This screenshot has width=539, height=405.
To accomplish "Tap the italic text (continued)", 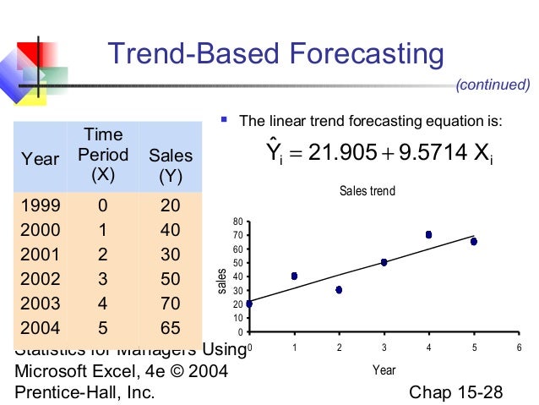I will pyautogui.click(x=493, y=85).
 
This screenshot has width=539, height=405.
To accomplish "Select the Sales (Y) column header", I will pyautogui.click(x=171, y=167).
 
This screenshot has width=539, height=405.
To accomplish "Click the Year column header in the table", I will pyautogui.click(x=41, y=159).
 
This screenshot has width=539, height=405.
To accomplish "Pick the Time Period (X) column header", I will pyautogui.click(x=103, y=156).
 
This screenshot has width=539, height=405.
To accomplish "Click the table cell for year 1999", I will pyautogui.click(x=41, y=205).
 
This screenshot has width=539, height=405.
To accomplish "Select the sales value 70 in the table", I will pyautogui.click(x=171, y=304).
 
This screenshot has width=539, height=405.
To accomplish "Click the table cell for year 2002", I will pyautogui.click(x=41, y=278).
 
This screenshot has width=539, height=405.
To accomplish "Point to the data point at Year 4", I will pyautogui.click(x=428, y=235).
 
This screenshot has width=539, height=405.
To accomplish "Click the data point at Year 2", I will pyautogui.click(x=339, y=290).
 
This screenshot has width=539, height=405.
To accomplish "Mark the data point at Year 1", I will pyautogui.click(x=294, y=276).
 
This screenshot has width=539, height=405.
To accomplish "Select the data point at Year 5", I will pyautogui.click(x=473, y=242).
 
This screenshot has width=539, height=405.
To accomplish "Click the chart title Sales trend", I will pyautogui.click(x=367, y=192).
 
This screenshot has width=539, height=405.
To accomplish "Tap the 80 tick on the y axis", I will pyautogui.click(x=239, y=222).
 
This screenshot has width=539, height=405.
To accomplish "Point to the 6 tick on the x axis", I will pyautogui.click(x=518, y=348).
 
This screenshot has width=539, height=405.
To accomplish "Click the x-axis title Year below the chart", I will pyautogui.click(x=384, y=370).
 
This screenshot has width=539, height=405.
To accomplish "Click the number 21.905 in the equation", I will pyautogui.click(x=341, y=153).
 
